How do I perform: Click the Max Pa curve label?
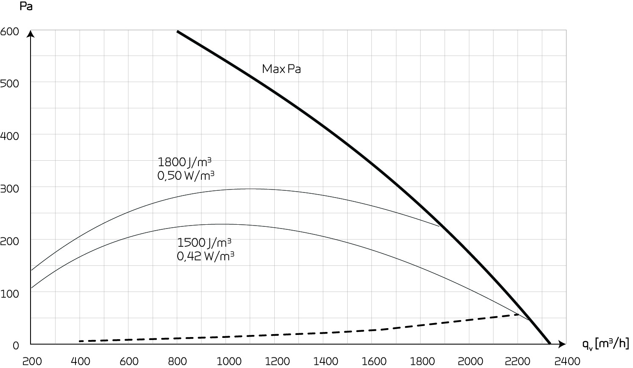coord(281,69)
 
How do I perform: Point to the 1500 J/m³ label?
coord(204,243)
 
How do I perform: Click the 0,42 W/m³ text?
coord(206,256)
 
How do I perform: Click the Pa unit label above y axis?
coord(26,7)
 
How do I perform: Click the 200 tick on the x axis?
coord(32,361)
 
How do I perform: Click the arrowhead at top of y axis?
coord(31,33)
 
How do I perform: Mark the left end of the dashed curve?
coord(80,341)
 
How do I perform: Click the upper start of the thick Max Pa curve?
coord(178,31)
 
